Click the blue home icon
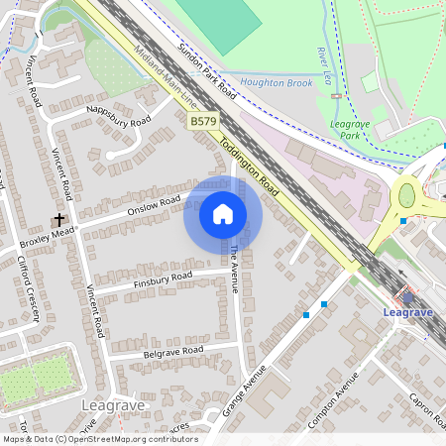tap(223, 214)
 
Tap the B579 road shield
tap(203, 121)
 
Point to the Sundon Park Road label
tap(207, 70)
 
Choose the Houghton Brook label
tap(277, 83)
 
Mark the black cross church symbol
tap(58, 219)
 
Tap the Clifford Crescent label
tap(27, 288)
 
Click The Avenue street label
tap(235, 269)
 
